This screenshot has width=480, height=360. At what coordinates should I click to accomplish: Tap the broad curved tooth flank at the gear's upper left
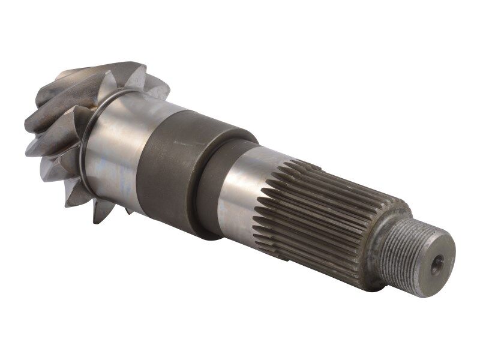point(66,96)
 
